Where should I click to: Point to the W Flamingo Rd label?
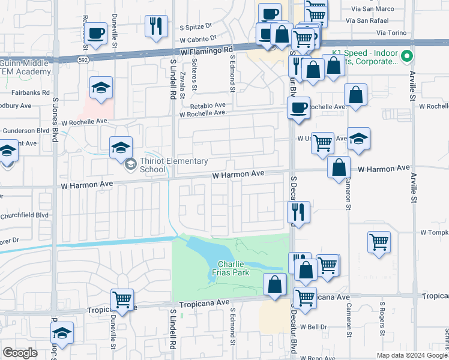[206, 52]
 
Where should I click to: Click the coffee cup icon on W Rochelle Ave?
[298, 108]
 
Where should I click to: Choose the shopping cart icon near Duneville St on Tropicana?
[122, 299]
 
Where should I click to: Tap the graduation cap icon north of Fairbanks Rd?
[101, 88]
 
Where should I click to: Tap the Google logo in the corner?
[20, 353]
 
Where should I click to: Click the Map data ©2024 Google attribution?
[411, 355]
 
